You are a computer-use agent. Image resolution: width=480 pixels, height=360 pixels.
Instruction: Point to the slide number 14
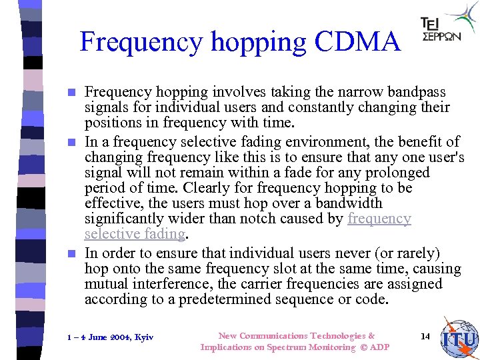(425, 336)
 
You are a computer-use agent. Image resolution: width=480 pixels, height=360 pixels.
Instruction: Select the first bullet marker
(73, 92)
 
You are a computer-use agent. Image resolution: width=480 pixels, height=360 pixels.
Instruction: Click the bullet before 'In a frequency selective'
(73, 143)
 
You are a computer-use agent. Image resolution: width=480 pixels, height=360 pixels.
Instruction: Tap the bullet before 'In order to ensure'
(73, 254)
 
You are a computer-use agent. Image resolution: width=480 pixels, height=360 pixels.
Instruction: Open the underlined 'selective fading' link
(134, 234)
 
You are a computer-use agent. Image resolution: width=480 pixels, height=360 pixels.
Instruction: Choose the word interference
(175, 284)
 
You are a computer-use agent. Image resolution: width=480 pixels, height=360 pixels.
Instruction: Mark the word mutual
(107, 284)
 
